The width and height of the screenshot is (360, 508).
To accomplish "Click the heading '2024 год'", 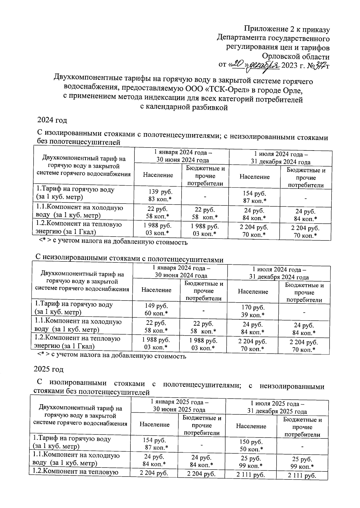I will pos(52,120).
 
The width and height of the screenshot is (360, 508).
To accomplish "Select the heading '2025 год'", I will pos(48,369).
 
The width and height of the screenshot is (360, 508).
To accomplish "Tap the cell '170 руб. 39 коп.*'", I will pos(253,311).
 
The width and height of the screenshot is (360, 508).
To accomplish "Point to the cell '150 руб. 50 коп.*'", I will pos(251,445).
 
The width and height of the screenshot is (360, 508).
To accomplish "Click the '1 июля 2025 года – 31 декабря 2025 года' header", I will pos(277,407).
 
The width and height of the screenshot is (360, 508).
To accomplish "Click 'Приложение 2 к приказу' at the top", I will pos(287,29).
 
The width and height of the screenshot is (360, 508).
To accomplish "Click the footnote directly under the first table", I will pos(113,242).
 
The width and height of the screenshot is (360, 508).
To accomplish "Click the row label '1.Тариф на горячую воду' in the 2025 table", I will pos(72,439).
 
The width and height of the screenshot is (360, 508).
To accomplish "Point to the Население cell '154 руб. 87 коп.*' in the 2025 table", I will pos(155,444).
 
